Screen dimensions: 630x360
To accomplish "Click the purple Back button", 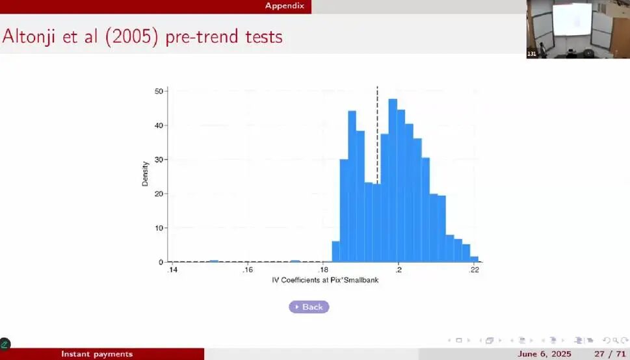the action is pyautogui.click(x=309, y=307).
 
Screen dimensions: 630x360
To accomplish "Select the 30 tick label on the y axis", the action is pyautogui.click(x=159, y=159).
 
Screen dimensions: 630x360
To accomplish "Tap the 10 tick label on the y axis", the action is pyautogui.click(x=159, y=228).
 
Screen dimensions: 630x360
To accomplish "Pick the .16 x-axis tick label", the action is pyautogui.click(x=248, y=270).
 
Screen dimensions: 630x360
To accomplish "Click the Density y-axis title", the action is pyautogui.click(x=145, y=174).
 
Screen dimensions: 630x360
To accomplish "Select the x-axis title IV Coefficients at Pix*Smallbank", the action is pyautogui.click(x=325, y=280).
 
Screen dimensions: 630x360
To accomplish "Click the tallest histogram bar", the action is pyautogui.click(x=393, y=181).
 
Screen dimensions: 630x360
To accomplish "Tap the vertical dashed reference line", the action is pyautogui.click(x=377, y=174).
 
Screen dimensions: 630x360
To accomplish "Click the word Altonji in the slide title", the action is pyautogui.click(x=29, y=37).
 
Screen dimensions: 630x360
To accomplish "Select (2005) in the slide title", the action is pyautogui.click(x=133, y=37).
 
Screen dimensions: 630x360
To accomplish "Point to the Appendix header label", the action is pyautogui.click(x=285, y=6).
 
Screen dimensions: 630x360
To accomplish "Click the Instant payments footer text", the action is pyautogui.click(x=97, y=354).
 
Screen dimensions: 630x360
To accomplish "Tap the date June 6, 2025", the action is pyautogui.click(x=544, y=354).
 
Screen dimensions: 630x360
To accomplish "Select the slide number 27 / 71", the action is pyautogui.click(x=609, y=354).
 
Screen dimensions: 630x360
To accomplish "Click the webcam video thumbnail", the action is pyautogui.click(x=578, y=29).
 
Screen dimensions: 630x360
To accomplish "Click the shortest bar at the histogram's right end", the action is pyautogui.click(x=474, y=259).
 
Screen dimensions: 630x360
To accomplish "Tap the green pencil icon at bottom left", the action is pyautogui.click(x=5, y=344).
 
